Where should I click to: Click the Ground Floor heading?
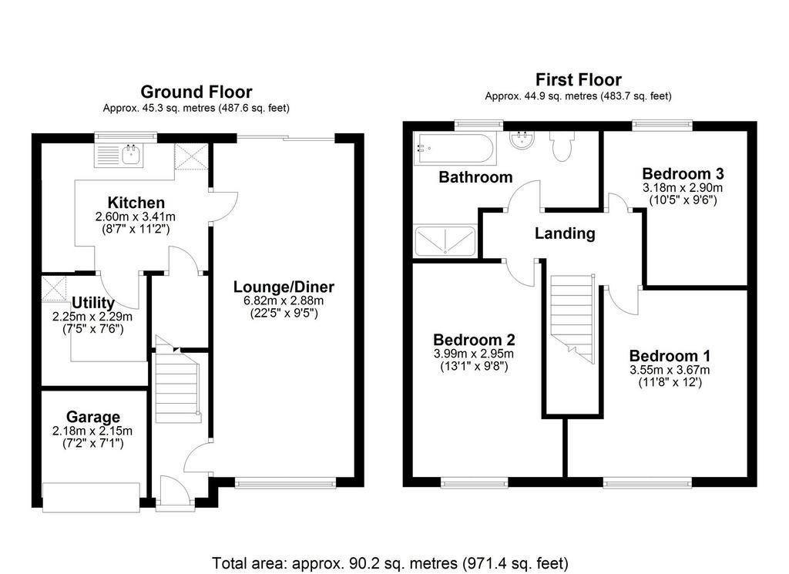coord(196,92)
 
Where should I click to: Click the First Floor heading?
coord(578,79)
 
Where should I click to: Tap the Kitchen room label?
coord(136,203)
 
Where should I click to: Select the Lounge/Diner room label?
coord(284,287)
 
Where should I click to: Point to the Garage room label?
coord(93,417)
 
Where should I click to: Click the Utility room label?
coord(93,303)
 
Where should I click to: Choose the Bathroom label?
coord(475,177)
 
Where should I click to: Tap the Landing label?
coord(565,233)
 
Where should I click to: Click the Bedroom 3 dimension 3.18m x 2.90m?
coord(683,188)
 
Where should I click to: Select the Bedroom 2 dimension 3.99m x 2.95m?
coord(474,354)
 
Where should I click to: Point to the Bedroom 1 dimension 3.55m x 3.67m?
coord(670,371)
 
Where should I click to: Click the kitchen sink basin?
coord(132,154)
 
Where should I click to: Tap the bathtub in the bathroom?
coord(455,148)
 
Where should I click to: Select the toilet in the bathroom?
coord(562,146)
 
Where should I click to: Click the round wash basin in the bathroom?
coord(522,139)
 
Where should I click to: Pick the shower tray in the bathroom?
coord(445,241)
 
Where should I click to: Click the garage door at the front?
coord(91,498)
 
